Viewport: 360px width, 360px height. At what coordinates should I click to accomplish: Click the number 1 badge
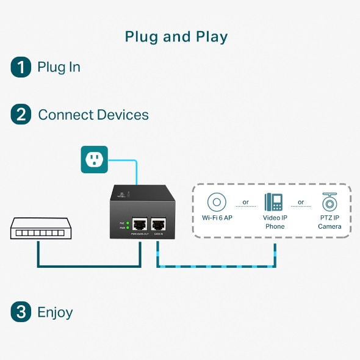point(21,67)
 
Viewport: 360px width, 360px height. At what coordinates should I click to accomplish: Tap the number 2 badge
point(21,115)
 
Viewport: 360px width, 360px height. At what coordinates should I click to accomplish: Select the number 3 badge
point(21,312)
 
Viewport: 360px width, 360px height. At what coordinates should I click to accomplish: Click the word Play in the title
point(211,37)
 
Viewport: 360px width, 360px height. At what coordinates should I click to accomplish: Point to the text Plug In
point(59,67)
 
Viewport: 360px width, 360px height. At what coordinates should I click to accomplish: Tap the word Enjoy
point(55,313)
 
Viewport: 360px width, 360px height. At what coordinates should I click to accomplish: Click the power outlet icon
point(94,159)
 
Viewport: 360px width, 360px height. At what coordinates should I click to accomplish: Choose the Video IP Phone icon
point(273,202)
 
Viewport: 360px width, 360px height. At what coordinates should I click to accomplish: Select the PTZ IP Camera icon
point(329,202)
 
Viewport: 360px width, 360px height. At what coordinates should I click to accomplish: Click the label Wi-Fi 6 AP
point(218,218)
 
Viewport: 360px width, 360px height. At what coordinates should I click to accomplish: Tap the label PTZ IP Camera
point(329,222)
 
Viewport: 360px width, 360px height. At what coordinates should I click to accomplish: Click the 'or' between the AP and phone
point(245,202)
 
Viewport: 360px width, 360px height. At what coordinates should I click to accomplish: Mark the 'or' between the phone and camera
point(301,202)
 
